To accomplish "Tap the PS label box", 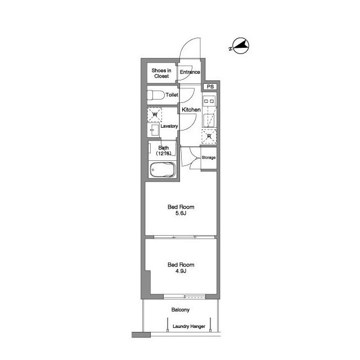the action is point(210,87).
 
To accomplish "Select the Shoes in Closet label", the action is point(161,73).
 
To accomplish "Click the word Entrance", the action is point(190,72).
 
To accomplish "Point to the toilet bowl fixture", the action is point(156,95).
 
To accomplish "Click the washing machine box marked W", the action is point(155,115).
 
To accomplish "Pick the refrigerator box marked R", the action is point(209,136).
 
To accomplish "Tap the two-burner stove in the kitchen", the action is point(209,101).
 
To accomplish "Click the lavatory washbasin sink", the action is point(153,130).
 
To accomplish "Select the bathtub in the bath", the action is point(163,170).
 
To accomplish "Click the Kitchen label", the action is point(191,110).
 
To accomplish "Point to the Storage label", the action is point(209,157).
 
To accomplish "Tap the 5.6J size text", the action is point(181,213).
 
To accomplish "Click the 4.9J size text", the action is point(181,271).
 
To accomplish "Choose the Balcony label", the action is point(181,310).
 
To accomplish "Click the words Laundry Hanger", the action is point(189,326).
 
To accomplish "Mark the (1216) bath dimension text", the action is point(164,154).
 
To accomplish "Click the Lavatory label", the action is point(169,126).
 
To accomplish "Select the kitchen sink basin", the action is point(209,120).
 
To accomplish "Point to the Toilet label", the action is point(172,95).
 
